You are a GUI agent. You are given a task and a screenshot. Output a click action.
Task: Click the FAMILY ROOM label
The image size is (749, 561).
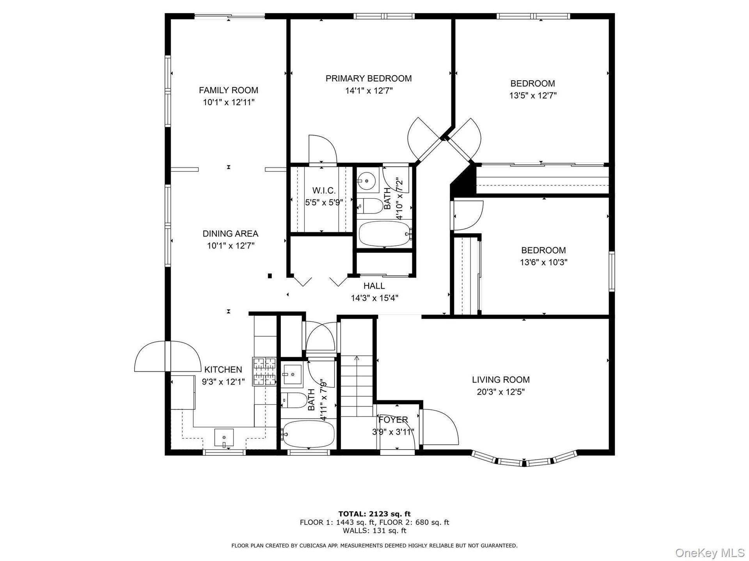click(x=229, y=90)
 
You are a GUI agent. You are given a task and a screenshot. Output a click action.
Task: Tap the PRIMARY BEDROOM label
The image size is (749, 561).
click(x=369, y=79)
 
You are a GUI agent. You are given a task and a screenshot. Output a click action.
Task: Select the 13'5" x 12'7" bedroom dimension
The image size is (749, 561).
click(x=533, y=95)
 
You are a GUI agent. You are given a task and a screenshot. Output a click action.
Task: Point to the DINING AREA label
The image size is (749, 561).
click(x=230, y=234)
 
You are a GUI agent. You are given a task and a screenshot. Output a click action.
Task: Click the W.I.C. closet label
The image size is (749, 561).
click(x=324, y=191)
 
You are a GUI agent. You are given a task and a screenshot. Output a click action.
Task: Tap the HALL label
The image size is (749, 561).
click(x=374, y=286)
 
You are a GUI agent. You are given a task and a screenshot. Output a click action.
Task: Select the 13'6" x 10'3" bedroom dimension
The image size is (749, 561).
click(x=543, y=263)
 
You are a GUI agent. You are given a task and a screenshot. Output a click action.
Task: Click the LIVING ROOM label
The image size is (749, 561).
click(x=501, y=380)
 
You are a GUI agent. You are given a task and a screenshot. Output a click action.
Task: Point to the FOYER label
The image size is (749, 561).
click(x=393, y=420)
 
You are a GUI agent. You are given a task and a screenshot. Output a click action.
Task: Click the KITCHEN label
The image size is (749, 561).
click(x=223, y=370)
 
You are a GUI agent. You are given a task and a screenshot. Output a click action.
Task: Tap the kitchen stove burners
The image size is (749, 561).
click(x=265, y=372)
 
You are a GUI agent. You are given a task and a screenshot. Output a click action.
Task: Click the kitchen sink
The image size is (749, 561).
click(x=224, y=439)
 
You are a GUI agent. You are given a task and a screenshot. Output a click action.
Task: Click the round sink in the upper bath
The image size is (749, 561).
click(x=367, y=182)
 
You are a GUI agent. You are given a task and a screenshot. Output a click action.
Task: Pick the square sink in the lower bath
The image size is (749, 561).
click(x=293, y=374)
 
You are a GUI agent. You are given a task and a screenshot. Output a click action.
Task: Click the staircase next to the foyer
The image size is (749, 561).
click(x=357, y=386)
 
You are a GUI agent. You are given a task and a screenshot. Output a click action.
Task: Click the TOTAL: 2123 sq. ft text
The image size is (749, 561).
click(x=374, y=514)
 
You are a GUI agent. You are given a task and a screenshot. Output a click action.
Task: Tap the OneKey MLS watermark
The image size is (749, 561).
click(x=710, y=552)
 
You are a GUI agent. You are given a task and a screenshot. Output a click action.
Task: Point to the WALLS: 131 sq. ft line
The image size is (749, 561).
click(x=374, y=531)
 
